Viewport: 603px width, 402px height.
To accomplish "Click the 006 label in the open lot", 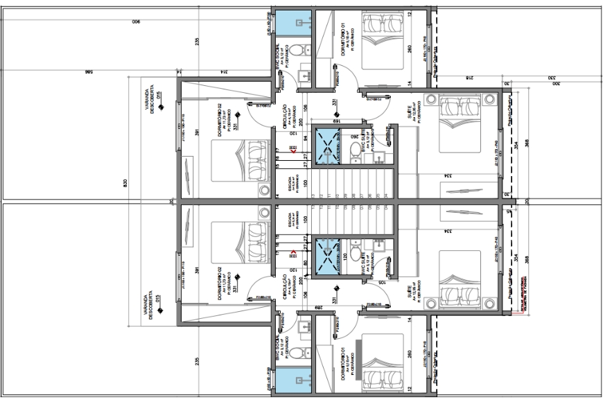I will [x=136, y=22].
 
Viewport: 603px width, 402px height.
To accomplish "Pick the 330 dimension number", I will [x=552, y=78].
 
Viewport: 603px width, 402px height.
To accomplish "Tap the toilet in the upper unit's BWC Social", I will [x=295, y=50].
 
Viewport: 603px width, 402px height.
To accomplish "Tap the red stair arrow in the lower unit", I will [x=294, y=254].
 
